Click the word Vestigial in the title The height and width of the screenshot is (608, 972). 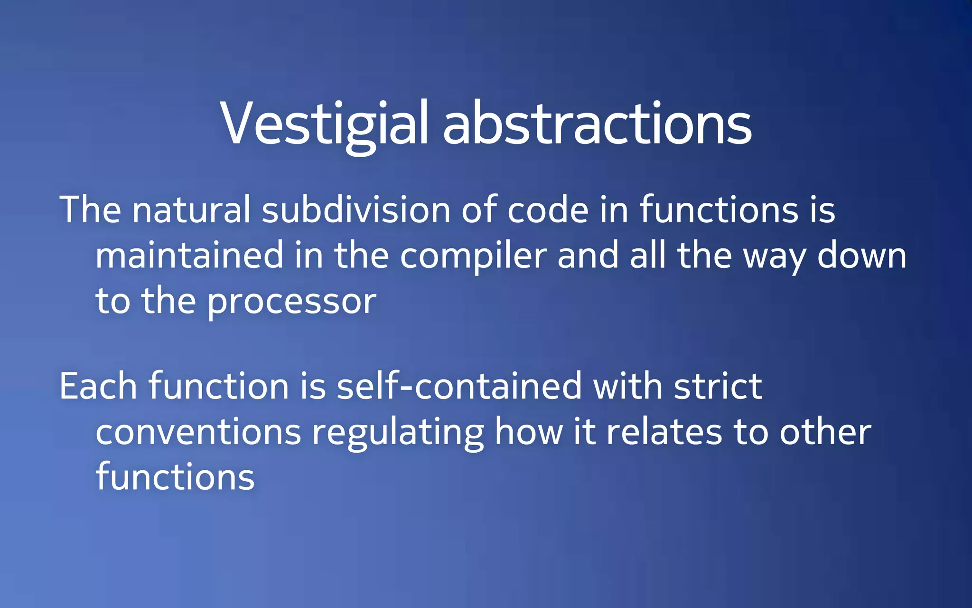[324, 124]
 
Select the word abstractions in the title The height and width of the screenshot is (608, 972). [597, 124]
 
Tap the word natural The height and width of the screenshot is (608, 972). [191, 210]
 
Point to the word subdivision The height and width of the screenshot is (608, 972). [356, 210]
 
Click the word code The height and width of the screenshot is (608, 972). [548, 210]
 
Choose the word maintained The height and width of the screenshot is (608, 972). [189, 256]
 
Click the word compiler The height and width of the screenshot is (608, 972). [473, 256]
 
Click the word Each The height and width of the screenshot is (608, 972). [98, 386]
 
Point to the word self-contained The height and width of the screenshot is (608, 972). [459, 386]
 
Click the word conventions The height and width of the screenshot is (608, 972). [198, 432]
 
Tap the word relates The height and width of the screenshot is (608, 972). [664, 432]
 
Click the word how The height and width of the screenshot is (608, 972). [529, 432]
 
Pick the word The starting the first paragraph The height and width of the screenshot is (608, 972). [91, 210]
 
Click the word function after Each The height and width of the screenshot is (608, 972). [219, 386]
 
